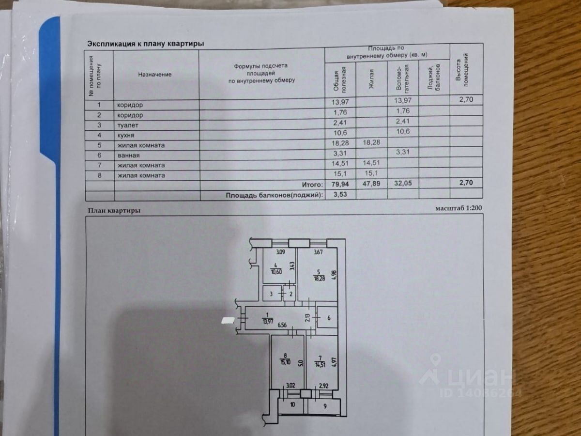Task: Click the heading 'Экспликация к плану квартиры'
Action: click(145, 44)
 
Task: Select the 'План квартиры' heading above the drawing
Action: click(114, 210)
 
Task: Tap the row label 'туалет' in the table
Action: click(126, 125)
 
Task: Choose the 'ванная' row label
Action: click(128, 156)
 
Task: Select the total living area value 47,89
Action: click(372, 185)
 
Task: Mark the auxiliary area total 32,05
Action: click(403, 185)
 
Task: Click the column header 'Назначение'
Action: click(155, 75)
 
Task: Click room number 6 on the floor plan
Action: click(329, 318)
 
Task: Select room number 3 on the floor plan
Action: click(272, 294)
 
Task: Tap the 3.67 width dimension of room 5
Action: click(318, 252)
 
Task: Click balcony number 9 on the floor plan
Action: click(325, 406)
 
